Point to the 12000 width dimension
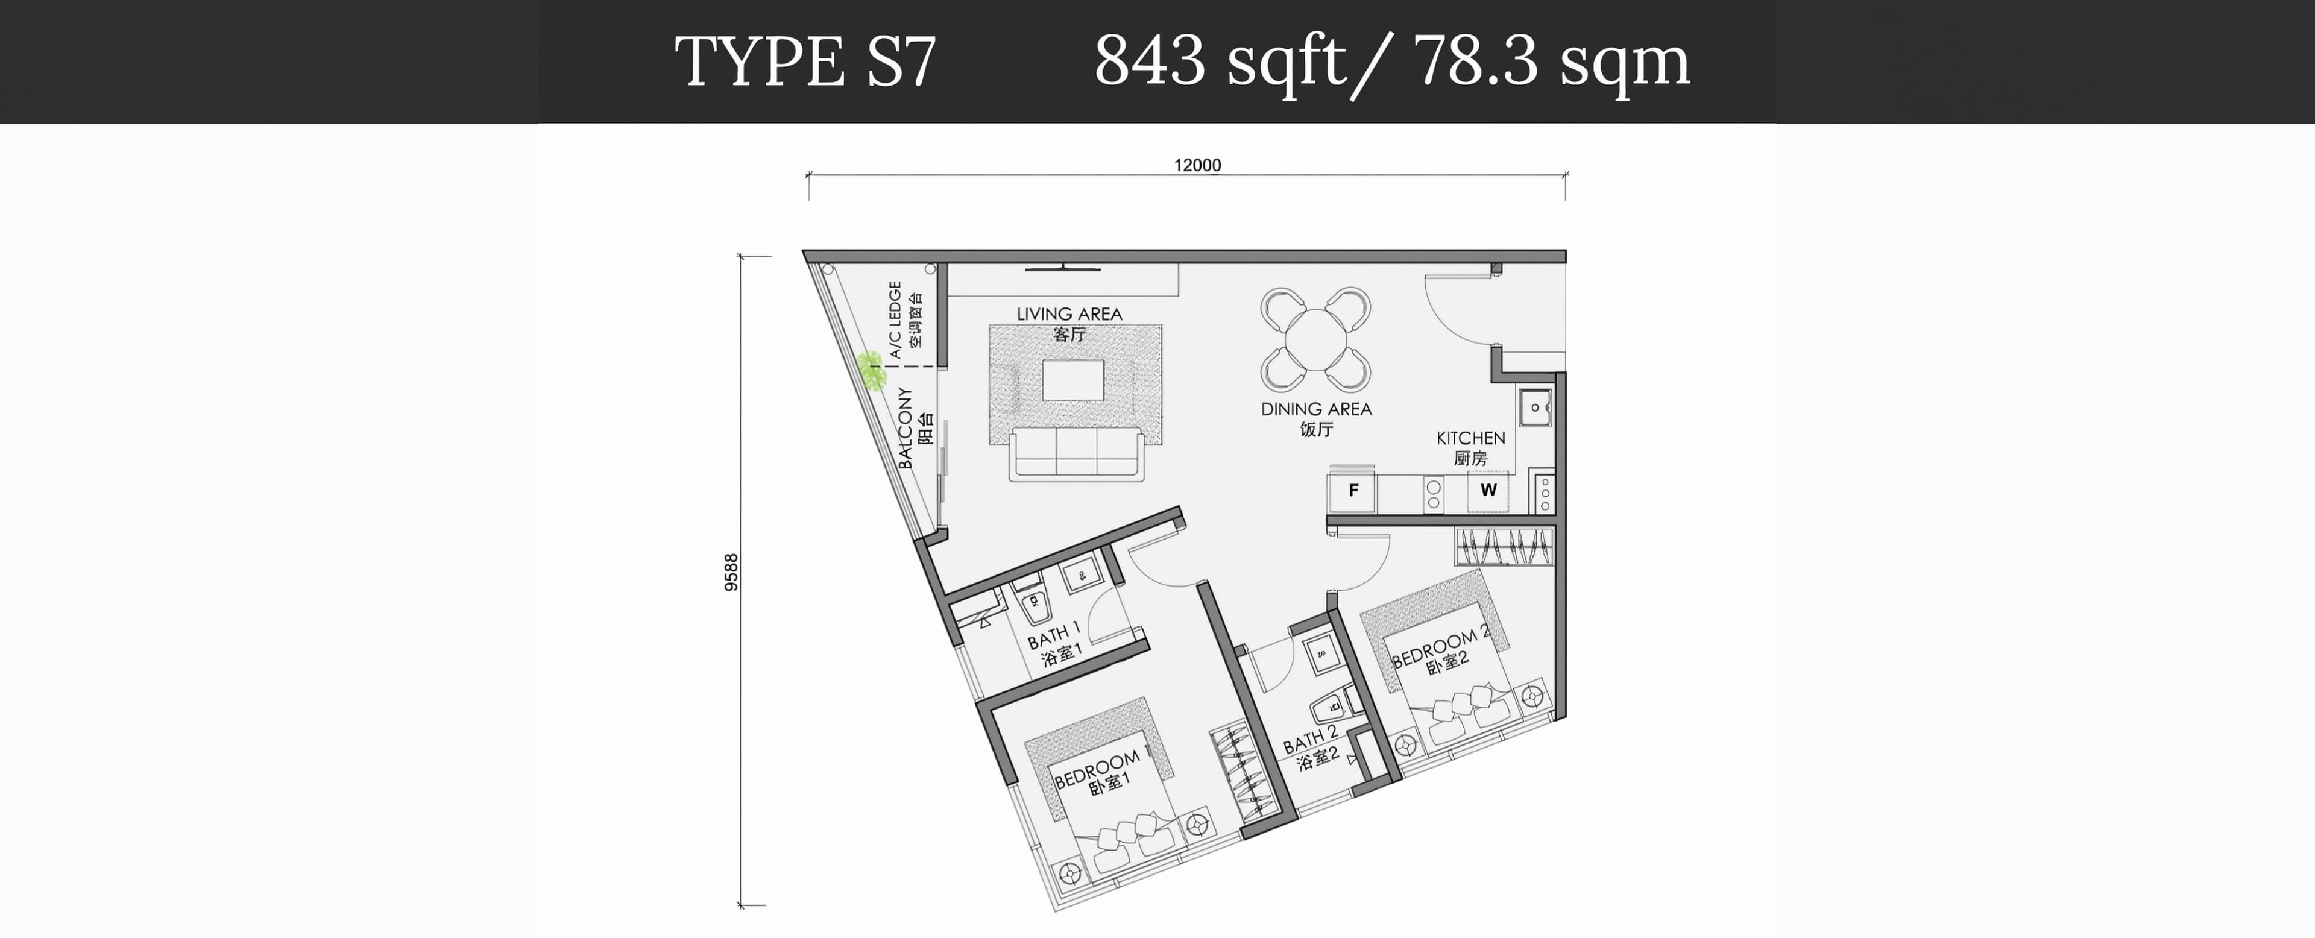click(x=1197, y=165)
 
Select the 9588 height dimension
click(x=731, y=572)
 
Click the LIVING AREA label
click(x=1069, y=313)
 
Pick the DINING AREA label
click(x=1317, y=409)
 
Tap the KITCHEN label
click(x=1470, y=438)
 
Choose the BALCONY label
click(x=905, y=429)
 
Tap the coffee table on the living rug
click(x=1073, y=380)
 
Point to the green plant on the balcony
click(x=871, y=370)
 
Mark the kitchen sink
click(x=1535, y=407)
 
